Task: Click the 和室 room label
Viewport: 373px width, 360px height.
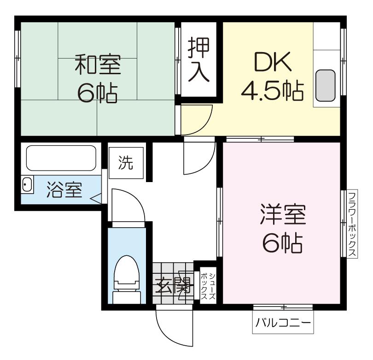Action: pyautogui.click(x=98, y=64)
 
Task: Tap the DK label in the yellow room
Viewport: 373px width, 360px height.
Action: pyautogui.click(x=273, y=62)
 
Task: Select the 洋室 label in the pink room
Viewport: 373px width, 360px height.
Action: pyautogui.click(x=283, y=214)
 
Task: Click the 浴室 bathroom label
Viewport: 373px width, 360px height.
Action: pyautogui.click(x=64, y=190)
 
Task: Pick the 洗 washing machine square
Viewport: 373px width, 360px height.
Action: pyautogui.click(x=126, y=163)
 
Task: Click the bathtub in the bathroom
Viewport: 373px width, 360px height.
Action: pyautogui.click(x=61, y=158)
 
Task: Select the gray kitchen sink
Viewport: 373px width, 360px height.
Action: pyautogui.click(x=326, y=85)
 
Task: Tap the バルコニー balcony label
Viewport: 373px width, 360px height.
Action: pyautogui.click(x=283, y=323)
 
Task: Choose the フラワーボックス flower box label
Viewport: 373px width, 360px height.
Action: pyautogui.click(x=352, y=224)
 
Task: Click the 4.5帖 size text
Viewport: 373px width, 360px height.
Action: pyautogui.click(x=273, y=90)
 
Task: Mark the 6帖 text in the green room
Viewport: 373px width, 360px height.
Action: pyautogui.click(x=98, y=93)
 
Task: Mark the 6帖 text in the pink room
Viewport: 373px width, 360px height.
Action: pyautogui.click(x=283, y=243)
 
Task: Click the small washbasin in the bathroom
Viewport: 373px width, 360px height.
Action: pyautogui.click(x=27, y=184)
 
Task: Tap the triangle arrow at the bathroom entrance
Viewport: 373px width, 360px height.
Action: pyautogui.click(x=96, y=198)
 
